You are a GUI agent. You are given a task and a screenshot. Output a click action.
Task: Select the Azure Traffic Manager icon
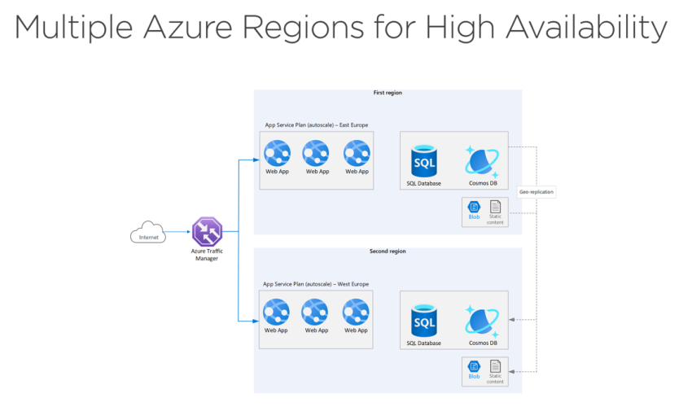click(x=207, y=232)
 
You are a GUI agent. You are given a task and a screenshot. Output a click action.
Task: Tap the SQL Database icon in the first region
click(x=424, y=161)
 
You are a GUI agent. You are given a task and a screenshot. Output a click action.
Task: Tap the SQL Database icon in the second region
click(x=424, y=321)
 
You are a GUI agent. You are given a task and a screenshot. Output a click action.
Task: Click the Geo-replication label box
click(x=537, y=192)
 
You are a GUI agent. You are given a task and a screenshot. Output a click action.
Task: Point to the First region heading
click(x=388, y=94)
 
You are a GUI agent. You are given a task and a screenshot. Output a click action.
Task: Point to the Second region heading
click(x=388, y=251)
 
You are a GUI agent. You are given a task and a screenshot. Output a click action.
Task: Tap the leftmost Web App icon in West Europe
click(x=276, y=312)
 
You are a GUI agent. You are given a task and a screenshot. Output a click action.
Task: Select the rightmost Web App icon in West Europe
click(x=356, y=312)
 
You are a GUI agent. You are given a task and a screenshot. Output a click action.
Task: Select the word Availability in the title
click(x=585, y=28)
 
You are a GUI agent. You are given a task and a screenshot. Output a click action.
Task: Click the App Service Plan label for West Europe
click(x=316, y=284)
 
